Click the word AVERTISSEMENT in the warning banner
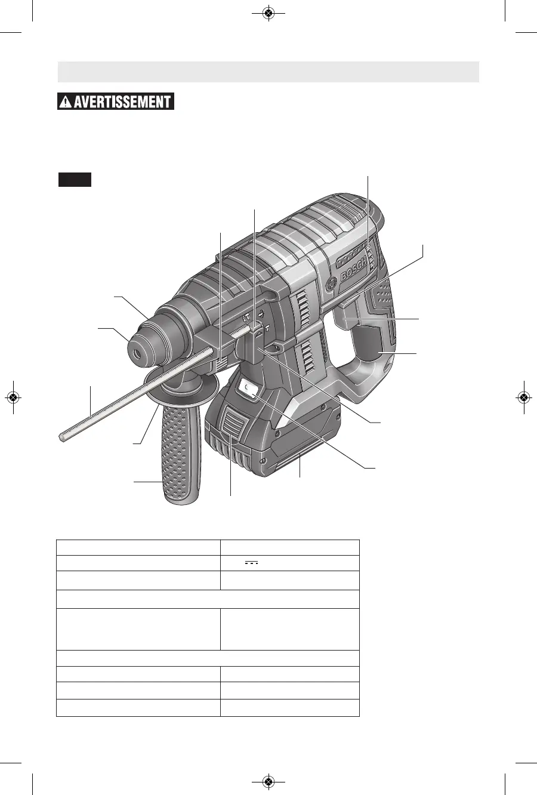[x=122, y=101]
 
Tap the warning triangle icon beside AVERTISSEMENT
[x=65, y=102]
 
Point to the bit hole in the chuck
[x=137, y=353]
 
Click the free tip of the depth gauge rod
[x=61, y=438]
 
